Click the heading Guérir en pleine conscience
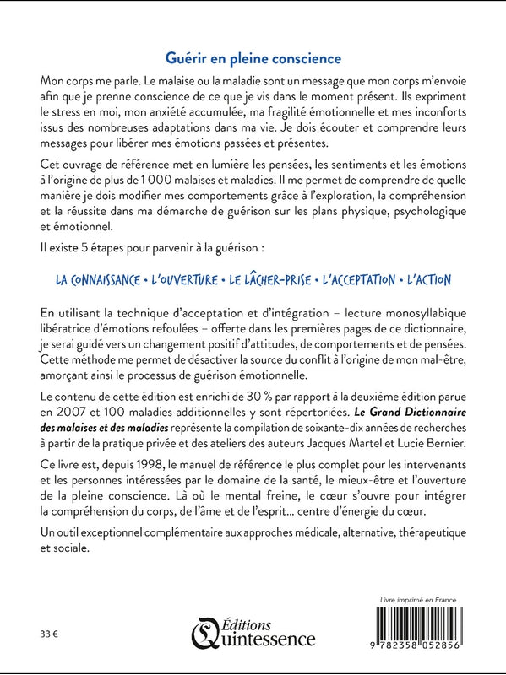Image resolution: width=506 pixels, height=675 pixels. [x=253, y=58]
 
